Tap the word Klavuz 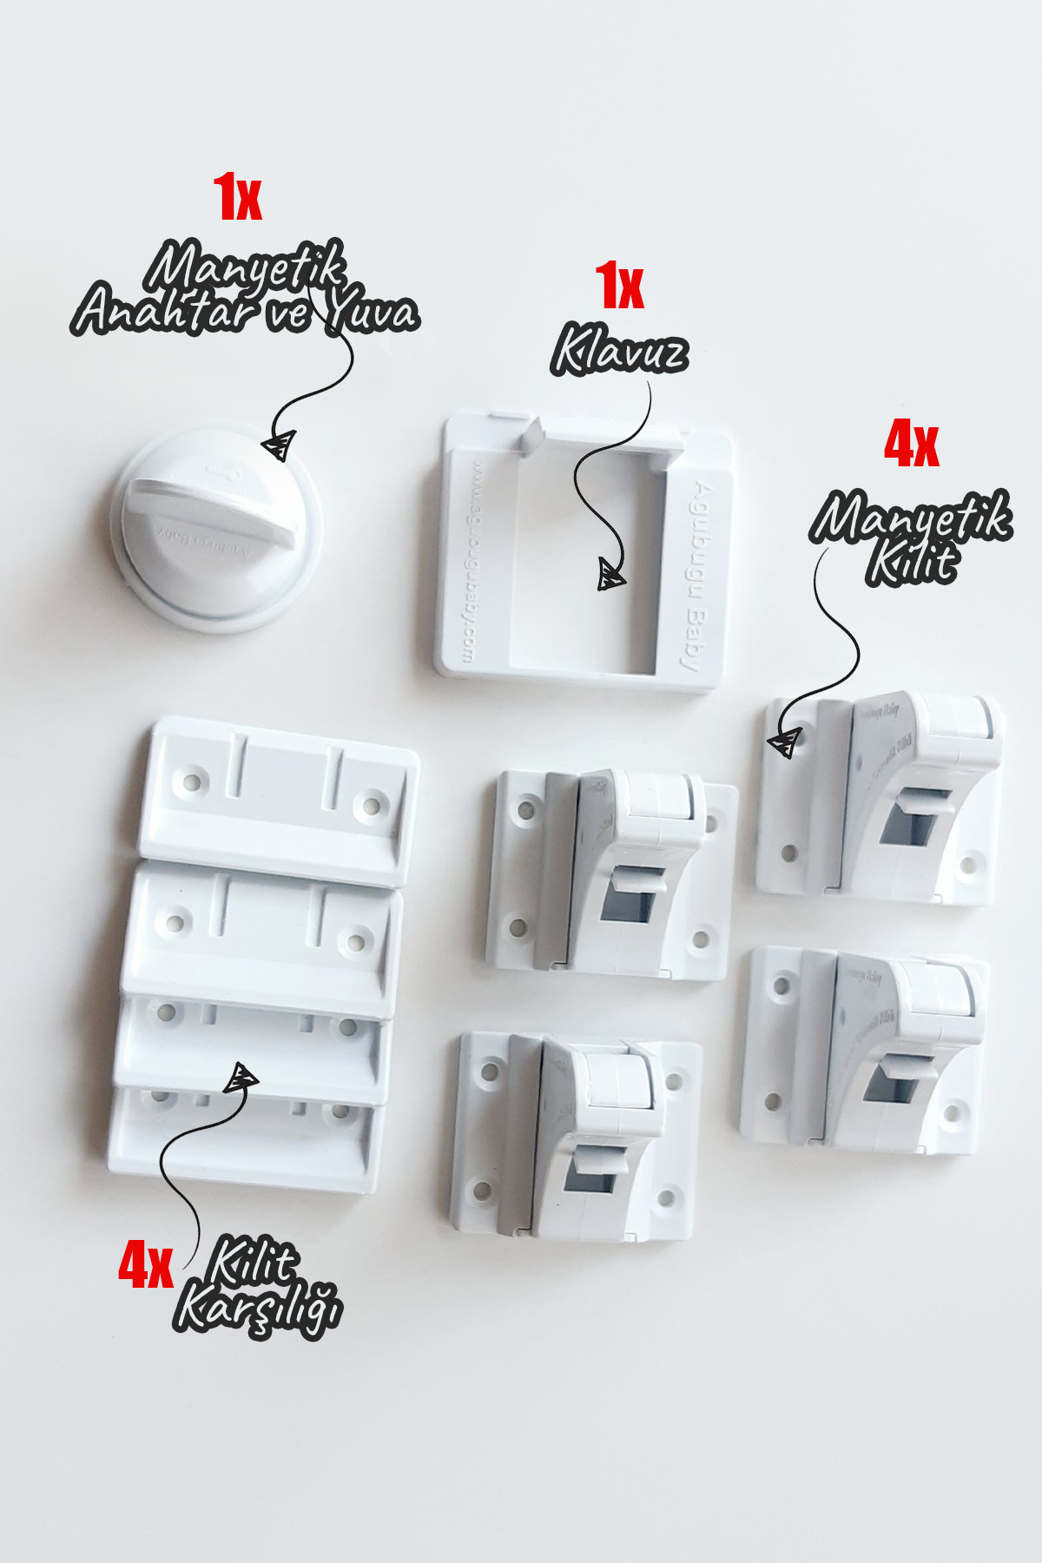(618, 351)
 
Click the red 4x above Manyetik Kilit (911, 445)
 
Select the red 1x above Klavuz (619, 287)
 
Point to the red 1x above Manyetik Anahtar (237, 197)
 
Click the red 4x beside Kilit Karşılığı (145, 1265)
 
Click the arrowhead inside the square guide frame (610, 575)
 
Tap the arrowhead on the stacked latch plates (241, 1078)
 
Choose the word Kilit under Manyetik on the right (912, 562)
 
